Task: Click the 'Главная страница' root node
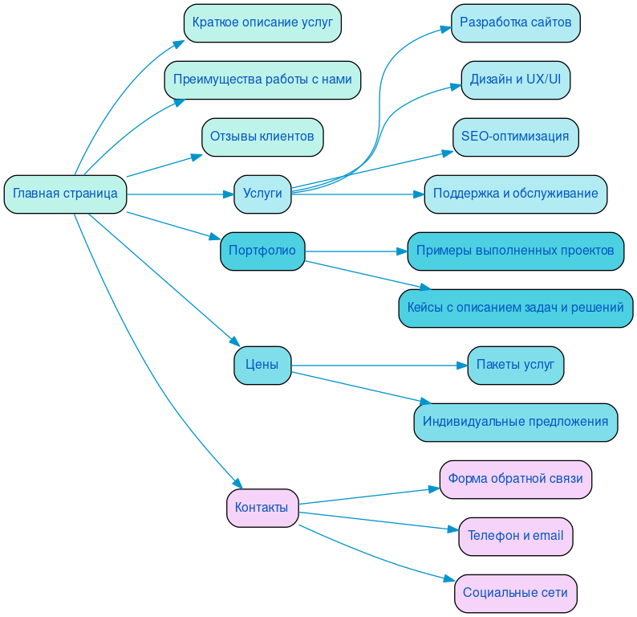pyautogui.click(x=65, y=194)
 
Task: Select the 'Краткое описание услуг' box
pyautogui.click(x=262, y=22)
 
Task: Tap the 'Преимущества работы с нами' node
pyautogui.click(x=262, y=80)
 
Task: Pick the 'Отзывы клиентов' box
pyautogui.click(x=262, y=137)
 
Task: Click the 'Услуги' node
pyautogui.click(x=262, y=194)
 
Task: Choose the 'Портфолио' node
pyautogui.click(x=262, y=251)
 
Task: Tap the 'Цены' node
pyautogui.click(x=262, y=365)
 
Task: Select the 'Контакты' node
pyautogui.click(x=262, y=508)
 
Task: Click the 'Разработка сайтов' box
pyautogui.click(x=515, y=22)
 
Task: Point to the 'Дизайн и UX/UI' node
pyautogui.click(x=515, y=80)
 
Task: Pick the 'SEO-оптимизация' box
pyautogui.click(x=515, y=137)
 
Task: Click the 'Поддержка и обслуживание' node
pyautogui.click(x=515, y=194)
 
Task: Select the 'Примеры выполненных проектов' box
pyautogui.click(x=515, y=251)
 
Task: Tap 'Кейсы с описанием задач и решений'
pyautogui.click(x=515, y=308)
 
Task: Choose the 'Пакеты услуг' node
pyautogui.click(x=515, y=365)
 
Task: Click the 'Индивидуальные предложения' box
pyautogui.click(x=515, y=422)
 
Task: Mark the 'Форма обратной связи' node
pyautogui.click(x=515, y=479)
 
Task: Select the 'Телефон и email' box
pyautogui.click(x=515, y=536)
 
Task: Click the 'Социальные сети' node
pyautogui.click(x=515, y=593)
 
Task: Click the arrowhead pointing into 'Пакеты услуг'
pyautogui.click(x=462, y=366)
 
